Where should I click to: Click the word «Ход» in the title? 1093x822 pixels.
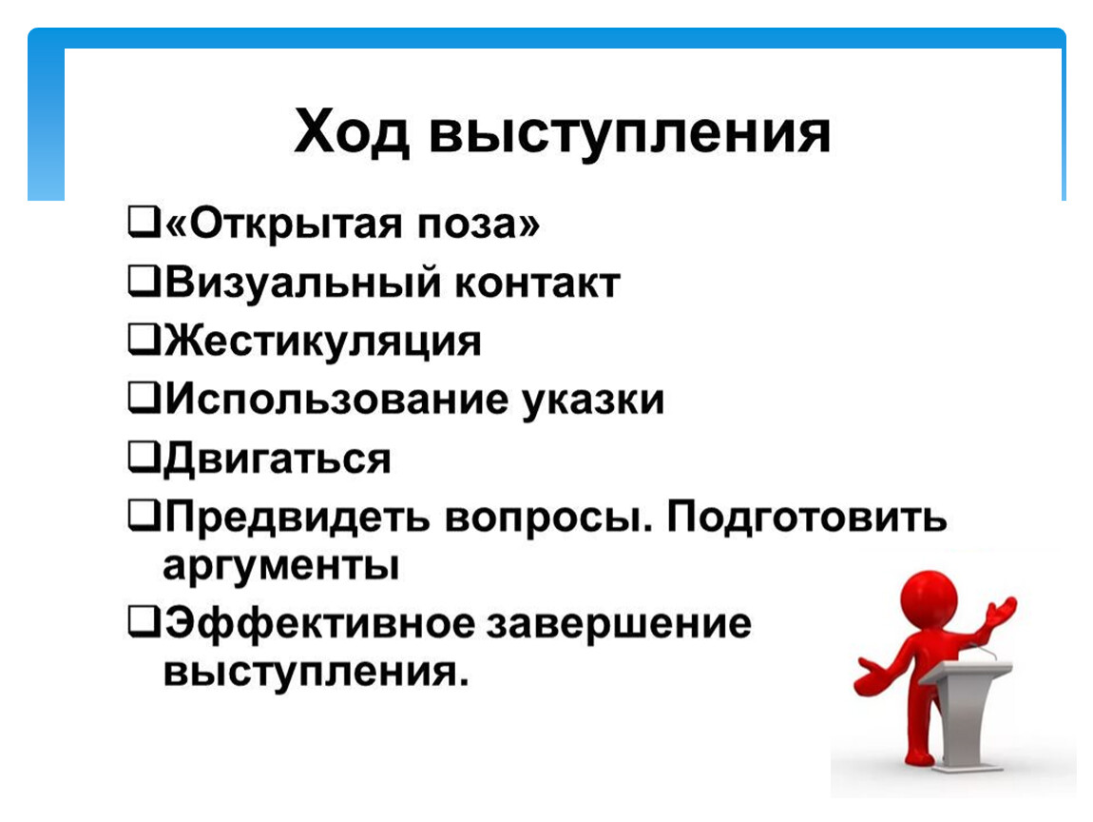352,132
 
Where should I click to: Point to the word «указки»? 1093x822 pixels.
593,401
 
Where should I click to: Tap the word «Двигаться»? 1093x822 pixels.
277,460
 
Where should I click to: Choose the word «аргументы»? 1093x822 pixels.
281,567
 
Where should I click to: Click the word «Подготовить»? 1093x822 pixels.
807,519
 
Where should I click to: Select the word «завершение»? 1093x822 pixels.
619,623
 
